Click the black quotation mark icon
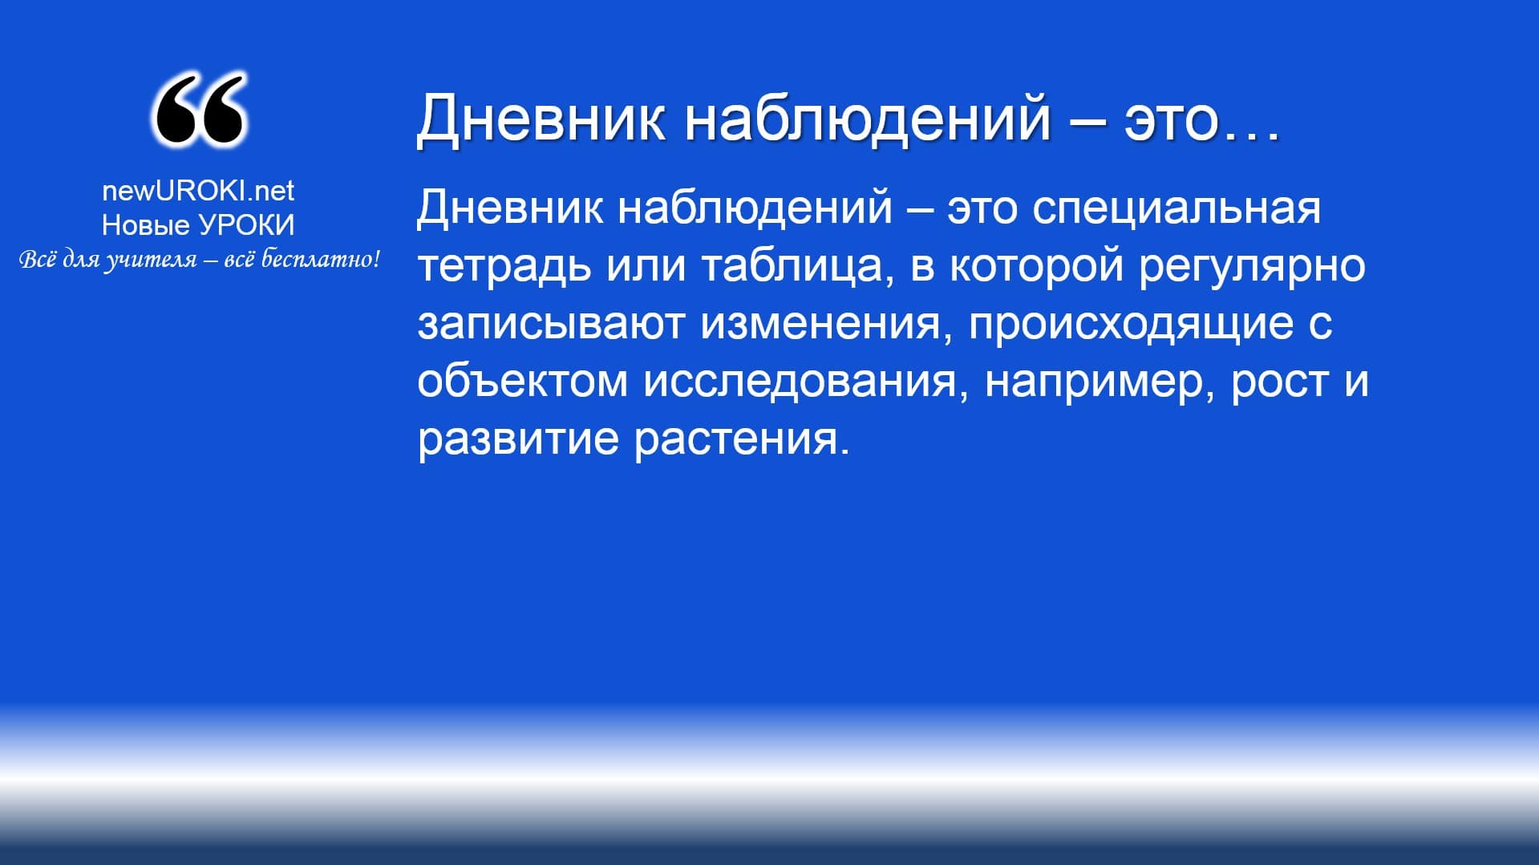click(x=198, y=110)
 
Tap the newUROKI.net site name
click(x=198, y=190)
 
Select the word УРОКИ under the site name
click(x=246, y=225)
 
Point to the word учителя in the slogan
click(x=151, y=261)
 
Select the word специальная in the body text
click(x=1177, y=208)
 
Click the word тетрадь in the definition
click(x=504, y=265)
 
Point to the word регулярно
click(x=1252, y=266)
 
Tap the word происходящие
click(x=1131, y=324)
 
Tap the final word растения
click(x=742, y=439)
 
